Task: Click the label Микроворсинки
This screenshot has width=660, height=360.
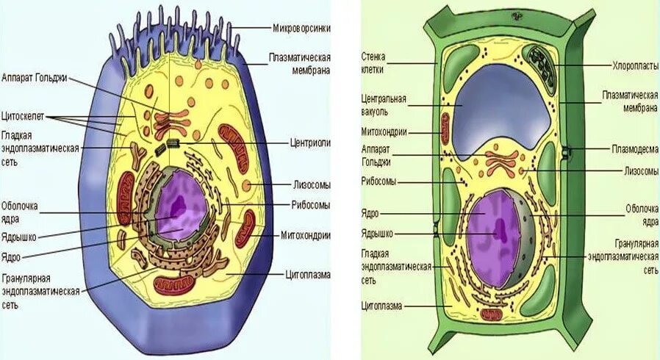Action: tap(301, 27)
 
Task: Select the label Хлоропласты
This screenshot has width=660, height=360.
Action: tap(636, 65)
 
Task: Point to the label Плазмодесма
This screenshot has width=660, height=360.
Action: tap(635, 148)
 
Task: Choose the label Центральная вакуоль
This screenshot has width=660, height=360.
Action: tap(384, 104)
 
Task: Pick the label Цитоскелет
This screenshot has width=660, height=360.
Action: tap(22, 115)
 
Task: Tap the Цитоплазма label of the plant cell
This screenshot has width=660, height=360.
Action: tap(381, 305)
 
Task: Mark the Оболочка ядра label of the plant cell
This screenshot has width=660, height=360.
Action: tap(640, 215)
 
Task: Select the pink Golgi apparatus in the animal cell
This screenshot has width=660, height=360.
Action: tap(172, 122)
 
